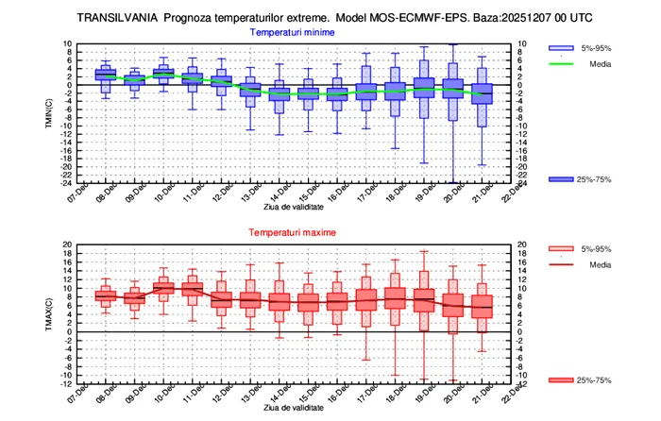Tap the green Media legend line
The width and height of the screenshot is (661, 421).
coord(562,64)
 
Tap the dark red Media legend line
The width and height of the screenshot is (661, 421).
coord(562,264)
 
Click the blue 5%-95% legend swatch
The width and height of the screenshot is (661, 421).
coord(562,48)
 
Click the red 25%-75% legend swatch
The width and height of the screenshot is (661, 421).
coord(562,379)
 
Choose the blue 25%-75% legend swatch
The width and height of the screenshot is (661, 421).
coord(562,178)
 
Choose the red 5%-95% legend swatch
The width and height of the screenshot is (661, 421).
coord(562,248)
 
